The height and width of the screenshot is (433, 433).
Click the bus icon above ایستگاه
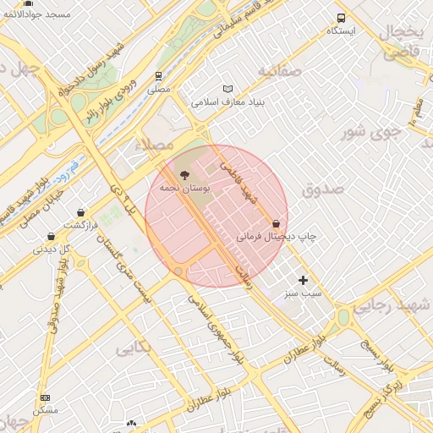coord(341,18)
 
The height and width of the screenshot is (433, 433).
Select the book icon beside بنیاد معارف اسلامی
coord(227,89)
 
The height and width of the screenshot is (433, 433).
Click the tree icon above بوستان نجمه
coord(185,174)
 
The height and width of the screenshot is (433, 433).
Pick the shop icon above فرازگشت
coord(80,212)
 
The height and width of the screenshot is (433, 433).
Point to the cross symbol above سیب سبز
coord(304,280)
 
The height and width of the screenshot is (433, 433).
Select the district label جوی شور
coord(370,131)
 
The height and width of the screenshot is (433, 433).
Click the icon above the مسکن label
coord(45,397)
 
